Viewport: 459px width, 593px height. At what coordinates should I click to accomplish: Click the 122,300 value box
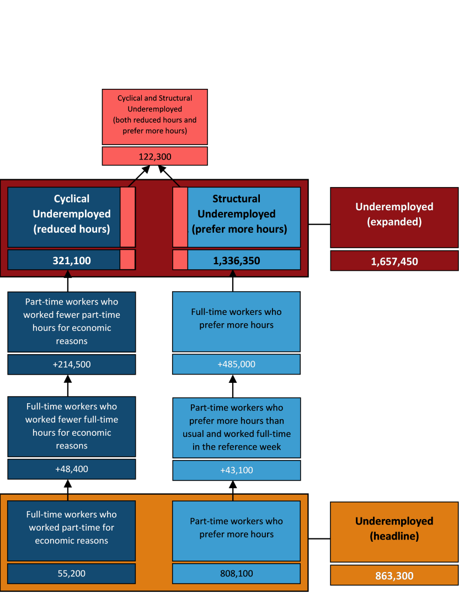(154, 157)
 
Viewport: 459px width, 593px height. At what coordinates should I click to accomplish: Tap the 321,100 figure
(72, 260)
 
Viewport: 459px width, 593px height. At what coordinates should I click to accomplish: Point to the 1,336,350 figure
(236, 260)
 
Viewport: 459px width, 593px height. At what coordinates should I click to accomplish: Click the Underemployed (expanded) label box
(394, 215)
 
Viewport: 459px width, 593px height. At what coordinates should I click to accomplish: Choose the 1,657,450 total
(394, 261)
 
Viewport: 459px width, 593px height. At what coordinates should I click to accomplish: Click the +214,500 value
(72, 364)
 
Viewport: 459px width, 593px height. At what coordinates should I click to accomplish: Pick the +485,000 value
(236, 364)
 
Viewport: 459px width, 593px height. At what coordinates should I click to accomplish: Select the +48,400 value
(72, 469)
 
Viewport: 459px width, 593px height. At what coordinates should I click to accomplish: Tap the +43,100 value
(236, 470)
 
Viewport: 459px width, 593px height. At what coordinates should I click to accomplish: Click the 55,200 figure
(72, 573)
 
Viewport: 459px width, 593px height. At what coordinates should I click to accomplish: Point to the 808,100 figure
(236, 573)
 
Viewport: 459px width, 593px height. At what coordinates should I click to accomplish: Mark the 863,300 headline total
(394, 576)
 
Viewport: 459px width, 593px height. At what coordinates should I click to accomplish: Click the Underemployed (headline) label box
(394, 528)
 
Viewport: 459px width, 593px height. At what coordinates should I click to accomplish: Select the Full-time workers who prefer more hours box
(236, 319)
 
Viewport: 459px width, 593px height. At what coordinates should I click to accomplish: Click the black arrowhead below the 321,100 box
(67, 273)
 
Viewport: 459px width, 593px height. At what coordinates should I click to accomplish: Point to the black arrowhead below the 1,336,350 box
(232, 273)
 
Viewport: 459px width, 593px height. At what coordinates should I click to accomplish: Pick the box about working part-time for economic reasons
(72, 528)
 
